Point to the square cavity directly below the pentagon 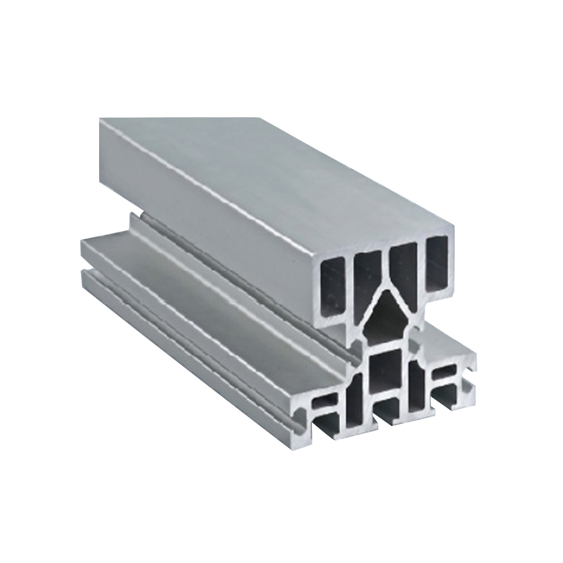388,371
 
